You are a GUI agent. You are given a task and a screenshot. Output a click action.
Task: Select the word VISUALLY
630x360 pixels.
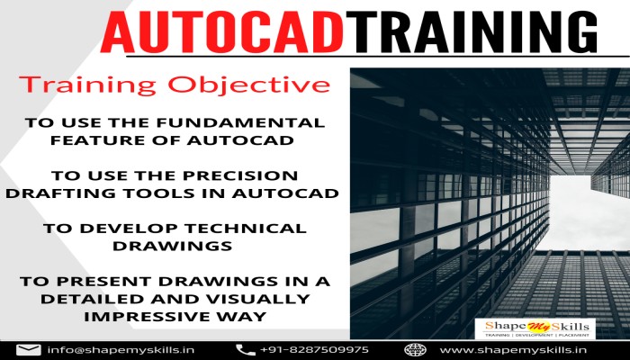pyautogui.click(x=244, y=299)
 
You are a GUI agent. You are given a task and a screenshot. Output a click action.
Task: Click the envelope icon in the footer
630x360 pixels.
pyautogui.click(x=29, y=349)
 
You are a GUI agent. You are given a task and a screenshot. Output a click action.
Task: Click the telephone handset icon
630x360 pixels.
pyautogui.click(x=245, y=349)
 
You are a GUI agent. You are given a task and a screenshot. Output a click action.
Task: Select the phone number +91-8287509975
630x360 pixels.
pyautogui.click(x=314, y=349)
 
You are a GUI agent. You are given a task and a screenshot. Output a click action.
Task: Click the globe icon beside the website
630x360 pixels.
pyautogui.click(x=415, y=349)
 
